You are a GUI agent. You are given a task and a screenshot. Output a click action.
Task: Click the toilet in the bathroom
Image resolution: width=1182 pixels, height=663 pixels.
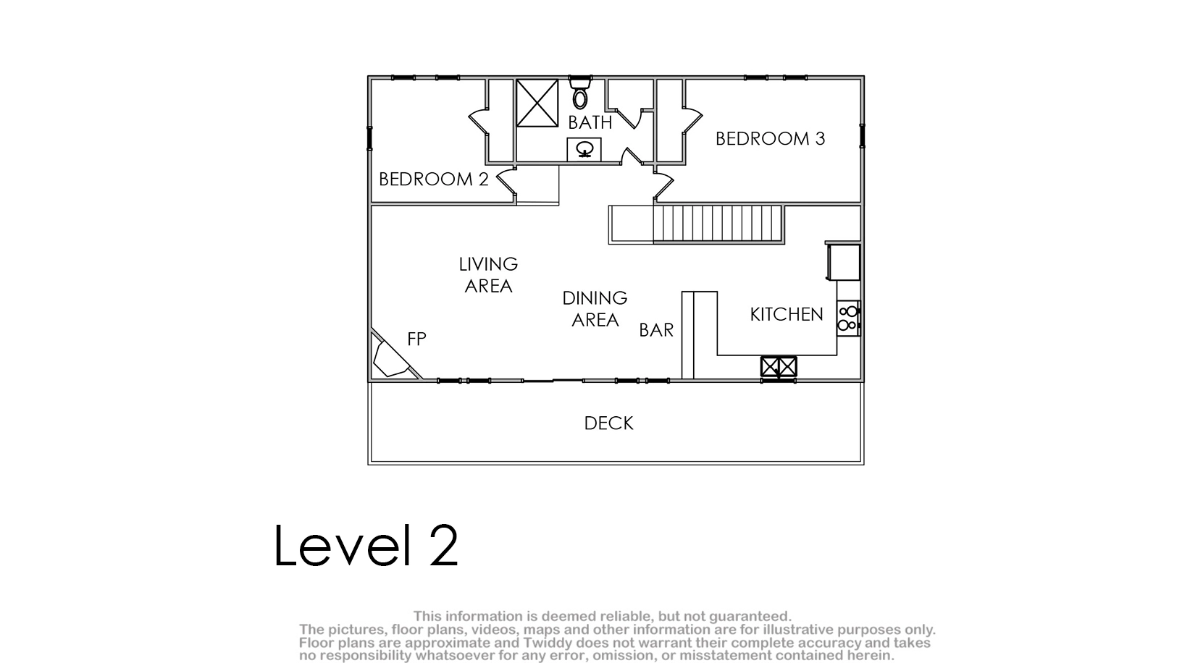(x=580, y=93)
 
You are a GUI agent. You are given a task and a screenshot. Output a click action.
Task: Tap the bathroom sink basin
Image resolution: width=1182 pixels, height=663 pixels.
(x=584, y=150)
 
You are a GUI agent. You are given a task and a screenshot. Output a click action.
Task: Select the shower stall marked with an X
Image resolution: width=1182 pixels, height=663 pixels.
(x=537, y=104)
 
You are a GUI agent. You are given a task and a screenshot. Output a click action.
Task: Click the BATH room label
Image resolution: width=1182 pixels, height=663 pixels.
(x=590, y=122)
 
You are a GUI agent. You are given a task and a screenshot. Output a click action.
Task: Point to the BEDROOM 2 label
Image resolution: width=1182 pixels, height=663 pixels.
(x=434, y=180)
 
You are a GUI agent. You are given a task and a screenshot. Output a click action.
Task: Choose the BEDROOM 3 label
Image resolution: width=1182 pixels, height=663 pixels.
(x=770, y=139)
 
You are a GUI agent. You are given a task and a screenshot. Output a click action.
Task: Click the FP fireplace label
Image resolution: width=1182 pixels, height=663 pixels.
(x=416, y=339)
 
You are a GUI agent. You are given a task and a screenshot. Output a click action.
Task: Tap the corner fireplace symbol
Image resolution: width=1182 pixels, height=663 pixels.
(x=393, y=356)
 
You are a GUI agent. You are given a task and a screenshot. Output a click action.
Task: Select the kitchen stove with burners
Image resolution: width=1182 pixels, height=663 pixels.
(x=848, y=318)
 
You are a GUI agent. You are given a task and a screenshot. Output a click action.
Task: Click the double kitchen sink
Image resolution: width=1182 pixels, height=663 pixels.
(x=779, y=366)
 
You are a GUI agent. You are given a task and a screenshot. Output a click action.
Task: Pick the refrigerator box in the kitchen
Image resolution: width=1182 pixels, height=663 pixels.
(x=843, y=262)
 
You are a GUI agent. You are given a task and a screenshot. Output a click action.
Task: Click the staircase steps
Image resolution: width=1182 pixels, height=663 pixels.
(x=718, y=224)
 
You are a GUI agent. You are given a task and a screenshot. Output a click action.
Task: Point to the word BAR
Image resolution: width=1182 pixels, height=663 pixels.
(x=656, y=330)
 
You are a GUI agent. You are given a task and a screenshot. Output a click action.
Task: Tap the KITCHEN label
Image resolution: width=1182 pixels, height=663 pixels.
(x=787, y=314)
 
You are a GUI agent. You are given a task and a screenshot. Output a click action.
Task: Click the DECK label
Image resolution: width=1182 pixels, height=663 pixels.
(x=608, y=423)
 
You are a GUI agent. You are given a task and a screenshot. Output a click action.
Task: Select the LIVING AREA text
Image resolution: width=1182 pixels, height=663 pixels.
(x=488, y=275)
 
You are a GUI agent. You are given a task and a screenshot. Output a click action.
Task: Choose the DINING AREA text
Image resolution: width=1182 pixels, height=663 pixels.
(x=595, y=309)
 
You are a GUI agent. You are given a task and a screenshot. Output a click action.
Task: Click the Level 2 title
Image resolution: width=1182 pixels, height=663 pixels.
(x=366, y=545)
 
